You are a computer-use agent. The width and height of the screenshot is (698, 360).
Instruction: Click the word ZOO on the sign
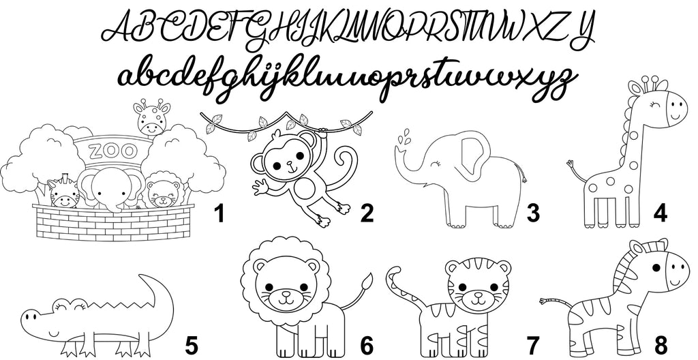tap(112, 151)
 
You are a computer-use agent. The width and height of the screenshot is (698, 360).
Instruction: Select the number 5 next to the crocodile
tap(191, 346)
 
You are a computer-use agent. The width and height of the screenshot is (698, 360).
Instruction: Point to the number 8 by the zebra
tap(661, 346)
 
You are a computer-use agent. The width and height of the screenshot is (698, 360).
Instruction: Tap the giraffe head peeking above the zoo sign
tap(152, 117)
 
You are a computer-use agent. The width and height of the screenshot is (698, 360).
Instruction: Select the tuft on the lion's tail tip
tap(367, 282)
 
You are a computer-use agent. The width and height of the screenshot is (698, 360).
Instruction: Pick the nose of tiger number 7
tap(478, 295)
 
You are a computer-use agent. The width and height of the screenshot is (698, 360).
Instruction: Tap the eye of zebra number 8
tap(656, 268)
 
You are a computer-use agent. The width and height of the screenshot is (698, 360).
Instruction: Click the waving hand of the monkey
tap(261, 187)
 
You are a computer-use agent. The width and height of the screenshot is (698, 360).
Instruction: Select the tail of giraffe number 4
tap(577, 171)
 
